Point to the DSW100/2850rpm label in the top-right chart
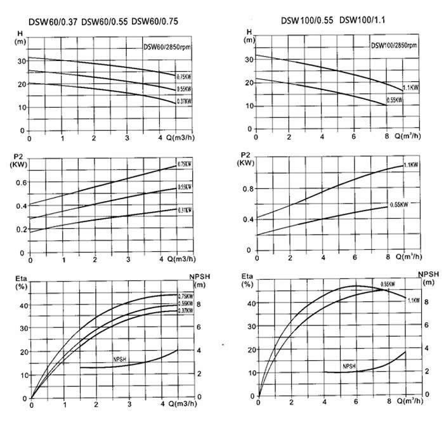(x=395, y=46)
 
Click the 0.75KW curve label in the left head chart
(x=185, y=77)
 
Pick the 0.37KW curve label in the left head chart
(x=185, y=101)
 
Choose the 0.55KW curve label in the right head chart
(x=395, y=100)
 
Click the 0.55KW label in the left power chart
(x=185, y=188)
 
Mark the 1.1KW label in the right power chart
(x=411, y=165)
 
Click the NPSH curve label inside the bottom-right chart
(x=349, y=367)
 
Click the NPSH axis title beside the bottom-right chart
(x=429, y=276)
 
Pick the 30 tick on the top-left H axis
(x=22, y=62)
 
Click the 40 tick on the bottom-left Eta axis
(x=23, y=306)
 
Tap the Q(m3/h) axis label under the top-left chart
(x=180, y=138)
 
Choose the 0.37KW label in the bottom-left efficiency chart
(x=185, y=310)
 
